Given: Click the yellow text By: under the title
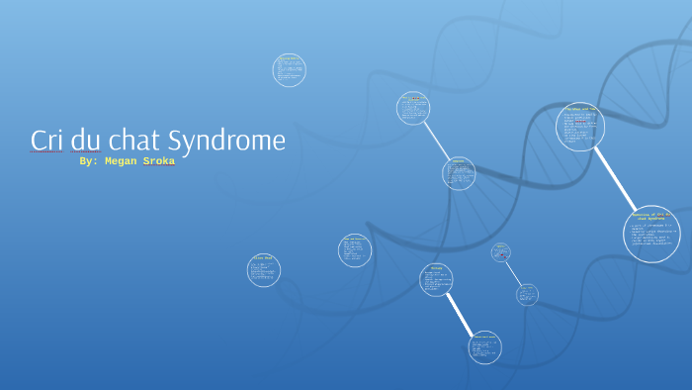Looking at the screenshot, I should (89, 160).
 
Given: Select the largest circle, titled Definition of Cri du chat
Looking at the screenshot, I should (651, 234).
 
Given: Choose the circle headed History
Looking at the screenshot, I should (436, 280).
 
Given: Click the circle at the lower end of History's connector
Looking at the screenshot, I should (484, 346).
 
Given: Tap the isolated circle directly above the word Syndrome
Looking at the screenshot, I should (289, 70).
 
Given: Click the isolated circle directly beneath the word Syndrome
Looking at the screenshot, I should (264, 270).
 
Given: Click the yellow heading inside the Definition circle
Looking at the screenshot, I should (651, 215).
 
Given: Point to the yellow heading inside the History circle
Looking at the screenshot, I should (436, 268).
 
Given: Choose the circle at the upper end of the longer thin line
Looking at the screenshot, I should (413, 108).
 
